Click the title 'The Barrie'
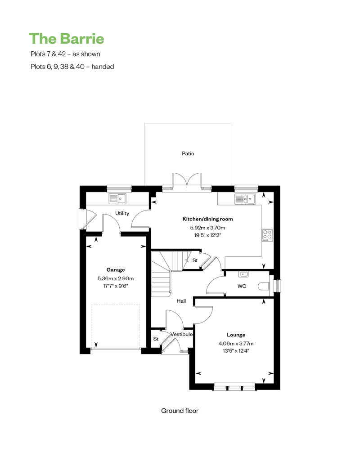67,39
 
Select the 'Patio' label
188,153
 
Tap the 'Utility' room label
122,213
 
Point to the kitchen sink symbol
245,198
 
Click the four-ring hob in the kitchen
267,234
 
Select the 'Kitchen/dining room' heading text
207,219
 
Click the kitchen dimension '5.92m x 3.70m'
207,228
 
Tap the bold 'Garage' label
115,270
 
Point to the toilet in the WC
264,286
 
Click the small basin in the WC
244,274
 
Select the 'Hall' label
181,301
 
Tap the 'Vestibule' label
181,334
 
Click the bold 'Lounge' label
236,335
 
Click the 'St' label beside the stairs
195,260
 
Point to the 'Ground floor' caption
180,411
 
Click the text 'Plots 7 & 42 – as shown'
65,54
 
